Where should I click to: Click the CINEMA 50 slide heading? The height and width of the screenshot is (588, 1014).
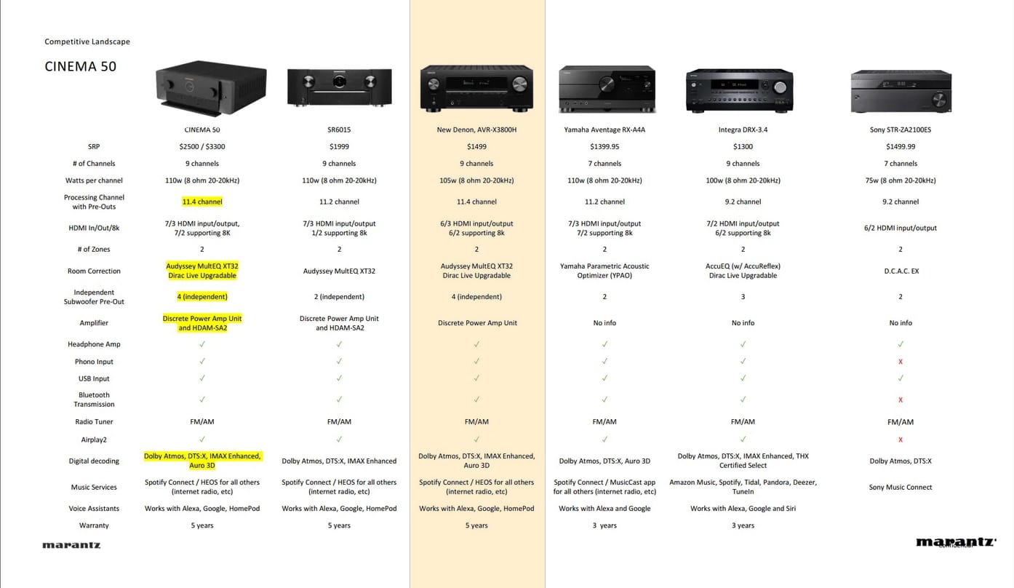pyautogui.click(x=81, y=67)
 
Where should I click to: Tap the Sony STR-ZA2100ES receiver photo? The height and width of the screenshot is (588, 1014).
pyautogui.click(x=901, y=91)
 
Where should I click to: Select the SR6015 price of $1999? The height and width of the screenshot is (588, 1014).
pyautogui.click(x=339, y=146)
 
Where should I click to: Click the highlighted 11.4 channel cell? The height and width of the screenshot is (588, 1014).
pyautogui.click(x=202, y=202)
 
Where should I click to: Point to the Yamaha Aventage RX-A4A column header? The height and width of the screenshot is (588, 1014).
pyautogui.click(x=604, y=130)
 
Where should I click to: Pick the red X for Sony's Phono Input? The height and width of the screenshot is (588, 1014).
pyautogui.click(x=901, y=362)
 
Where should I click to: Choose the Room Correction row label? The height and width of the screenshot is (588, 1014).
pyautogui.click(x=94, y=271)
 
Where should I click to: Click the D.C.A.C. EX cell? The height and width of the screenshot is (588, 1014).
pyautogui.click(x=901, y=271)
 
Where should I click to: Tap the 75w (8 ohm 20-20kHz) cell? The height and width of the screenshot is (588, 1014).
pyautogui.click(x=901, y=180)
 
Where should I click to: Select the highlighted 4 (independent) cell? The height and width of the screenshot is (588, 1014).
pyautogui.click(x=202, y=297)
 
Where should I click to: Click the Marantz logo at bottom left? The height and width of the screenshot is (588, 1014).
pyautogui.click(x=71, y=545)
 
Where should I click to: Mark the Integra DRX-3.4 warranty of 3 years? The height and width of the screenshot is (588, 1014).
pyautogui.click(x=743, y=525)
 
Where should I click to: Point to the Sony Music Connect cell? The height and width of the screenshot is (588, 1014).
pyautogui.click(x=901, y=487)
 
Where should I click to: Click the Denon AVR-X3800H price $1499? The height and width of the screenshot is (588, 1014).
pyautogui.click(x=476, y=146)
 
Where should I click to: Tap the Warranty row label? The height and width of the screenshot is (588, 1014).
pyautogui.click(x=94, y=525)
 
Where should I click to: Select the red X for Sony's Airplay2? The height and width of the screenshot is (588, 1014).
pyautogui.click(x=901, y=440)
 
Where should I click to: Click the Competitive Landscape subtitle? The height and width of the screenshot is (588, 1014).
pyautogui.click(x=87, y=41)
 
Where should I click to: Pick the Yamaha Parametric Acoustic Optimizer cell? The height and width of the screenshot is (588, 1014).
pyautogui.click(x=604, y=271)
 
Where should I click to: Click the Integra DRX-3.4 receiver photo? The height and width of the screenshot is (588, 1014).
pyautogui.click(x=740, y=90)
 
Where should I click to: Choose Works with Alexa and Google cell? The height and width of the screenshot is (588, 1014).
pyautogui.click(x=604, y=508)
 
